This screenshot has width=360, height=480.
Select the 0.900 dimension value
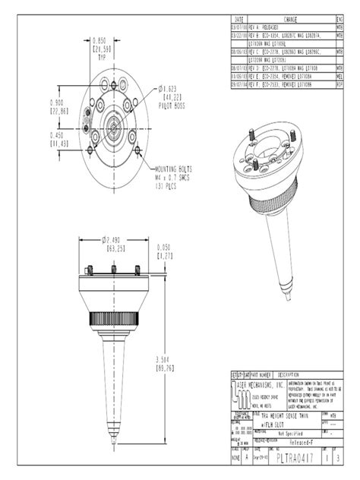click(x=56, y=102)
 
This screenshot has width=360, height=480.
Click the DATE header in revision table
click(x=239, y=17)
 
